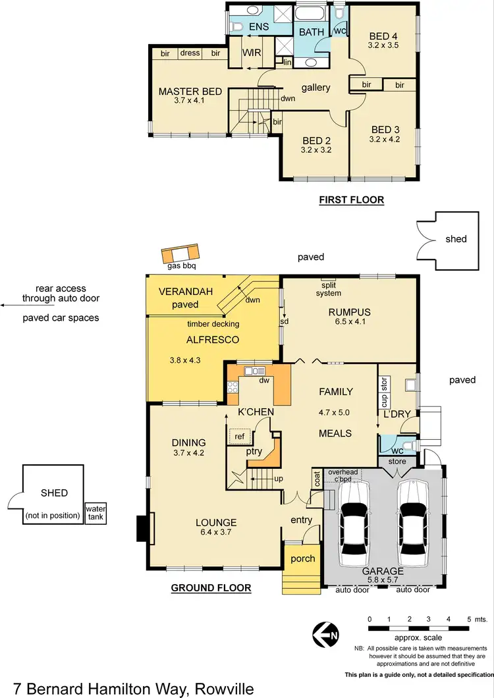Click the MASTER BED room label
coord(190,92)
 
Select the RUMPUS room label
coord(350,312)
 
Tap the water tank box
coord(94,513)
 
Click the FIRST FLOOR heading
coord(351,200)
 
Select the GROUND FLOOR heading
coord(211,588)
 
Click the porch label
coord(302,558)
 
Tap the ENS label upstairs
coord(258,27)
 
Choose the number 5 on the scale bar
coord(467,620)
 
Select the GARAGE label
coord(383,572)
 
